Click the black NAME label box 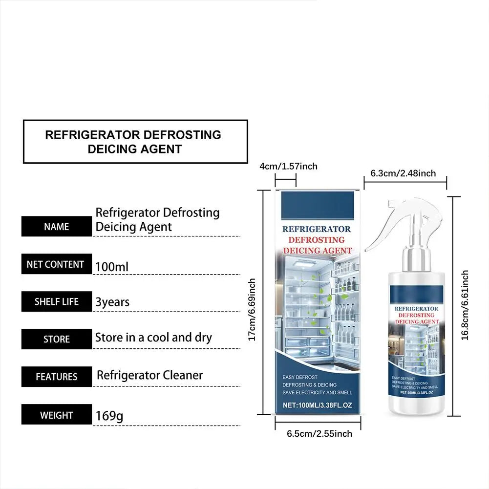57,226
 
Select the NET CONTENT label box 57,264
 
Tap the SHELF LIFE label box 57,301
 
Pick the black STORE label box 57,339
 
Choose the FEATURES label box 57,377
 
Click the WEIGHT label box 57,414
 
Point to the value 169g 109,416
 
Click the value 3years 112,302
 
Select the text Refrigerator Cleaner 149,375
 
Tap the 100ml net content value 112,267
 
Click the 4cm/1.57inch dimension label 289,166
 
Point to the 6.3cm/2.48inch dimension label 403,173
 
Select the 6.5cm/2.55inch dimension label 319,433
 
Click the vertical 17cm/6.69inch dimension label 252,309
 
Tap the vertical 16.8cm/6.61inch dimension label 465,305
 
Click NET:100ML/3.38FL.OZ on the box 317,405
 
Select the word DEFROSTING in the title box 182,135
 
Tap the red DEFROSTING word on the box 317,240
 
